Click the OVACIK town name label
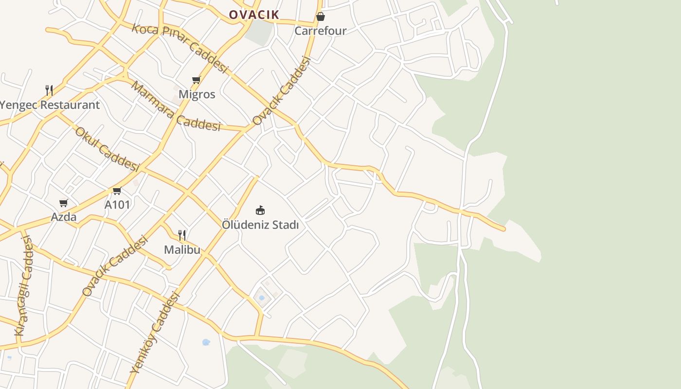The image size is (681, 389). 254,15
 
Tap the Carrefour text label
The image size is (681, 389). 321,31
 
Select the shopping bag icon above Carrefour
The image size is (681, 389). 321,17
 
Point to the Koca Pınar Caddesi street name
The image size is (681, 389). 180,48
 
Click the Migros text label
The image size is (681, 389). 197,94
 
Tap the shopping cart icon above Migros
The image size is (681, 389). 196,80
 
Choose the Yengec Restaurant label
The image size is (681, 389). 50,105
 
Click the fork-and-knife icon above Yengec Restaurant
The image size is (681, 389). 49,90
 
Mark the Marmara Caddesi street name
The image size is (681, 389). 176,107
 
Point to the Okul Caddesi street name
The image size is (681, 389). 107,149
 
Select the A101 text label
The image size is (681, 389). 117,205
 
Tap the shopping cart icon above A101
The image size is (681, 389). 117,191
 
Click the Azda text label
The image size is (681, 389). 64,217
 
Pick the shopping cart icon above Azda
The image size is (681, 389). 63,203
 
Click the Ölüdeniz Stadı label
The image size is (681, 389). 260,225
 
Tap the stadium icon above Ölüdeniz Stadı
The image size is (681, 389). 260,210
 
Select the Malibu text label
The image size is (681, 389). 182,250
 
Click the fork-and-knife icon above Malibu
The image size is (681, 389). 182,235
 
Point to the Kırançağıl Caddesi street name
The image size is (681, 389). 24,286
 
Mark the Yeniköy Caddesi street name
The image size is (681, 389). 155,334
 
